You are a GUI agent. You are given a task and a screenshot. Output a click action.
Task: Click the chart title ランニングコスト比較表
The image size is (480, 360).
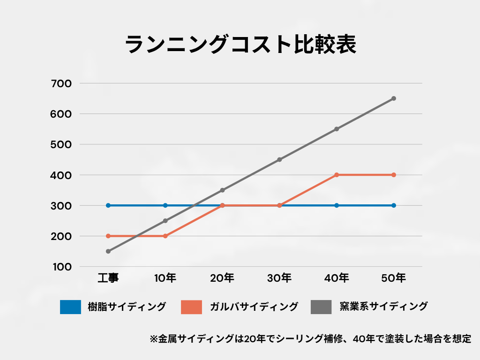pos(240,44)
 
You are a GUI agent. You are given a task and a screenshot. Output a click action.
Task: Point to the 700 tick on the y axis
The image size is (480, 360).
pos(61,83)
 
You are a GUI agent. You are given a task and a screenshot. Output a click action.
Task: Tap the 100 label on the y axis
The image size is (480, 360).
pos(62,267)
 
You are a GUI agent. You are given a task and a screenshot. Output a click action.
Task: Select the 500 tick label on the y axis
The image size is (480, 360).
pos(61,144)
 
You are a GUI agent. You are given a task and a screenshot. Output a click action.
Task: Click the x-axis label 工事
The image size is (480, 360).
pos(108,278)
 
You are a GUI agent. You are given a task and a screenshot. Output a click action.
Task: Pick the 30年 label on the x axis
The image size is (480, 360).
pos(279,278)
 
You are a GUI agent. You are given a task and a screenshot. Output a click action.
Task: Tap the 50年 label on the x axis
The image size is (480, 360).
pos(394,278)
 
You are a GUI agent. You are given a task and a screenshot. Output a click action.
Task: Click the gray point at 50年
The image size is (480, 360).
pos(394,98)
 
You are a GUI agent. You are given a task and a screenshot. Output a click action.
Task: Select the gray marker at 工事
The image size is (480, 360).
pos(108,251)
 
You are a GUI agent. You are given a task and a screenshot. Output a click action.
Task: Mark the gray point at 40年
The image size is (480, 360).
pos(337,129)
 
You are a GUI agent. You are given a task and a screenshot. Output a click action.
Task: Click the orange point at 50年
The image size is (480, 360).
pos(394,175)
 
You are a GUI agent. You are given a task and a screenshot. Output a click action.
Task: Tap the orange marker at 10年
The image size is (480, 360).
pos(165,236)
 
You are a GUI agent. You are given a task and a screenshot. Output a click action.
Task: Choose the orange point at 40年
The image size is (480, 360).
pos(337,175)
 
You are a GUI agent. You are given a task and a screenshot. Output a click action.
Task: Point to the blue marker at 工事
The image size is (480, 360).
pos(108,205)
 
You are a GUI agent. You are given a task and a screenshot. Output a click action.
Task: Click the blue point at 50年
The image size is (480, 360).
pos(394,205)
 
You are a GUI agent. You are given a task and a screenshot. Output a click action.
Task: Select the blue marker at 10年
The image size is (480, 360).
pos(165,205)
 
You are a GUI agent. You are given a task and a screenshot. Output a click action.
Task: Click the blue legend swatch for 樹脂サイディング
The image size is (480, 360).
pos(70,307)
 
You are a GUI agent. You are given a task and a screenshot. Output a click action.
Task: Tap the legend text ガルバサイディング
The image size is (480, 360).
pos(254,307)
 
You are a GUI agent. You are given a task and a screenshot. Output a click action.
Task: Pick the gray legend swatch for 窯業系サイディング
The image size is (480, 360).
pos(321,307)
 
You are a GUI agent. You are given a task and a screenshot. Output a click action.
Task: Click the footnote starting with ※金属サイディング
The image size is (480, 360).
pos(310,339)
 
